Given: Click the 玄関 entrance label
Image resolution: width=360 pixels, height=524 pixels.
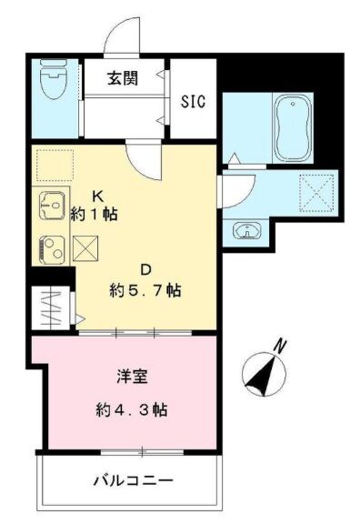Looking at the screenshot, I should [125, 78].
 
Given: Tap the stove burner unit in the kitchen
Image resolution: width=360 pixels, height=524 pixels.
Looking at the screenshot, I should [50, 246].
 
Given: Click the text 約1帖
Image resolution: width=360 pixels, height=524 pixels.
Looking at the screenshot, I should [95, 215].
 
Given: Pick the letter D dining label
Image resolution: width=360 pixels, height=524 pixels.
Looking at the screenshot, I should [145, 268].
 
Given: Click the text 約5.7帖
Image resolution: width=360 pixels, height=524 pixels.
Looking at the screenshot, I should [145, 291].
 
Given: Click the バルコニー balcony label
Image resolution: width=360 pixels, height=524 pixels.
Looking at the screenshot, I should [134, 480].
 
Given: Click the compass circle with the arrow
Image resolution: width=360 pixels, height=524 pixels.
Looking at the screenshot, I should [262, 373].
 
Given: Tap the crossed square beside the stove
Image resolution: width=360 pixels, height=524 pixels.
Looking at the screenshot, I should [85, 246].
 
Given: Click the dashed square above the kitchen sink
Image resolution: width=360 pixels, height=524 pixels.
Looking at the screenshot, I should [52, 165].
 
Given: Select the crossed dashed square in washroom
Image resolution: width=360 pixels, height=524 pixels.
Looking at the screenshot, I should [319, 191].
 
